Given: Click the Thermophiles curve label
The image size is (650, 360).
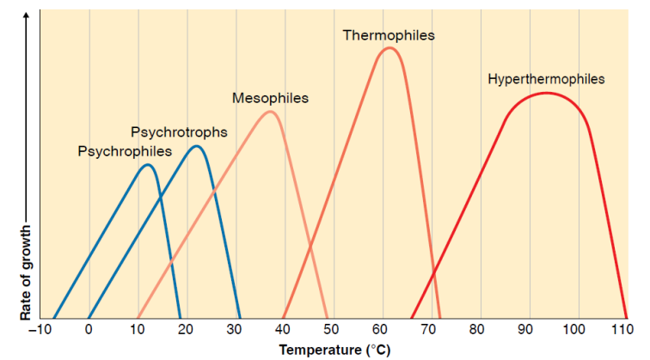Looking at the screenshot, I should [x=389, y=35].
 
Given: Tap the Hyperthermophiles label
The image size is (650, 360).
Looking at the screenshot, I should [x=546, y=79].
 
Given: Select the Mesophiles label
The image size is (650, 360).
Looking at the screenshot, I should [x=270, y=99].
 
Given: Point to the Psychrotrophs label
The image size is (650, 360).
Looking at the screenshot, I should [x=179, y=132].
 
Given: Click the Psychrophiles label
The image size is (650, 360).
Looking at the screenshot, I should [x=125, y=151].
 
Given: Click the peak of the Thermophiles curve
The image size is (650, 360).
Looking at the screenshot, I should [x=389, y=48].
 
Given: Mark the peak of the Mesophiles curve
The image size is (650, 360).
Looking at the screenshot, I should [x=270, y=112].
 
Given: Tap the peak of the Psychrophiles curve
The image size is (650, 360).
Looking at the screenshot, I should [x=148, y=164].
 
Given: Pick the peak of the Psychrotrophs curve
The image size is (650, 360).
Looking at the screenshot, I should [x=197, y=147].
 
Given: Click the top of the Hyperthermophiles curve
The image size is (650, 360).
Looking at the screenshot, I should [x=546, y=93].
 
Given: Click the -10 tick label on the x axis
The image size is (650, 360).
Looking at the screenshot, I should [x=38, y=331].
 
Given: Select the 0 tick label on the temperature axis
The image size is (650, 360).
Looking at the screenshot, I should [x=89, y=331].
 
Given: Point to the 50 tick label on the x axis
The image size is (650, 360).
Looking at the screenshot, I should [x=334, y=331].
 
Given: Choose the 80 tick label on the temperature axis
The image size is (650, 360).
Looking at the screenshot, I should [x=481, y=331].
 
